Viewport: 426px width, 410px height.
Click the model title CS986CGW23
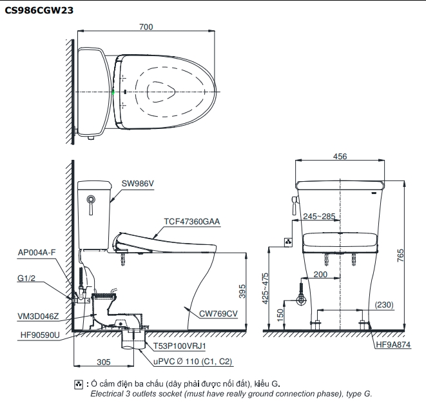click(39, 10)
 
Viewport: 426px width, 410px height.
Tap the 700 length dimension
click(146, 27)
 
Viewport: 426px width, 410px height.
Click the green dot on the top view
click(113, 92)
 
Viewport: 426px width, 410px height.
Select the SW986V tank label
click(137, 183)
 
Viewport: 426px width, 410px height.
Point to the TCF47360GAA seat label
click(192, 221)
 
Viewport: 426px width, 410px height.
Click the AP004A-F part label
click(37, 253)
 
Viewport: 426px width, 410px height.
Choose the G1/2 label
click(26, 278)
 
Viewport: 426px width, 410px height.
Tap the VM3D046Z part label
click(38, 317)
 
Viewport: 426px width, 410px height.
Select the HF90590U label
click(40, 335)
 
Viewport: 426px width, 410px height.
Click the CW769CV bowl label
click(218, 314)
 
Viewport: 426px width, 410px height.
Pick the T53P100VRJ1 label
click(180, 346)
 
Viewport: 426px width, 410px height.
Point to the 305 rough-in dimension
click(104, 362)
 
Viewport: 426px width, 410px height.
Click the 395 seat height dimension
click(242, 291)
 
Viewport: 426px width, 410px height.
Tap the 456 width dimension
click(340, 157)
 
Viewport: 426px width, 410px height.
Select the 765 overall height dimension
click(400, 255)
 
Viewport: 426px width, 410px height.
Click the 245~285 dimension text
click(319, 216)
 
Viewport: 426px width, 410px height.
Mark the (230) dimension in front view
click(384, 304)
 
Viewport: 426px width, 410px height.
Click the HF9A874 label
click(393, 344)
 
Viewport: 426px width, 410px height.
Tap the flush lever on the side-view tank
click(91, 204)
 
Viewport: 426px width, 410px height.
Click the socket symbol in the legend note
click(79, 384)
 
